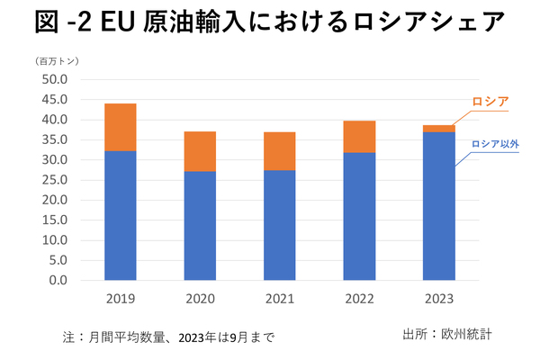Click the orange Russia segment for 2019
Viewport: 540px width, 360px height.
[x=121, y=127]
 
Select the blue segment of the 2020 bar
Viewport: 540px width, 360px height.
[x=201, y=225]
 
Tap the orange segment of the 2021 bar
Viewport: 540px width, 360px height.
[x=281, y=151]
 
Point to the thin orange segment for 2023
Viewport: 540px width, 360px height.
[x=439, y=129]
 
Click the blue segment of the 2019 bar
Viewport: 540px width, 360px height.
[x=121, y=215]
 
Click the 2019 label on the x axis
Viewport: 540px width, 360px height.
[x=121, y=298]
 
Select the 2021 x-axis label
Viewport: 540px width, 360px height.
[x=281, y=298]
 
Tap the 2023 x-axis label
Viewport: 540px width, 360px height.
[x=439, y=298]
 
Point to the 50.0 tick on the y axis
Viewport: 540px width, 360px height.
[x=56, y=79]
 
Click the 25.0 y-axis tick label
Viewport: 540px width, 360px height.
[x=56, y=180]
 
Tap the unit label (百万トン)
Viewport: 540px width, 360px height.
[x=59, y=61]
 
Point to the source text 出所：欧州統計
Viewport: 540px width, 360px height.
[x=447, y=335]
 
